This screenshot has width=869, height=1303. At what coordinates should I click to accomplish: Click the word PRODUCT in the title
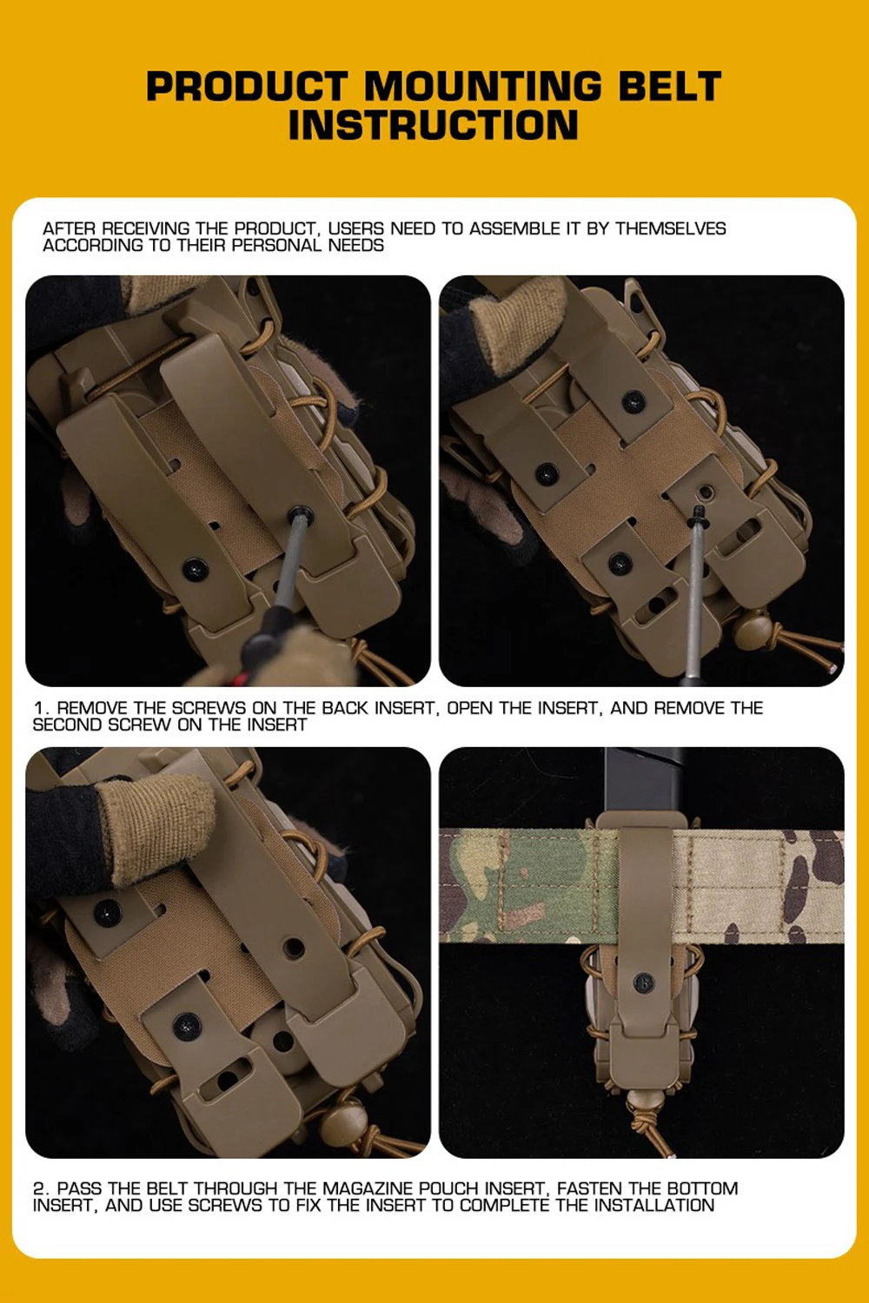coord(248,86)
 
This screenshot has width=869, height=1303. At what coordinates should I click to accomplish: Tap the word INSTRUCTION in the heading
coord(434,124)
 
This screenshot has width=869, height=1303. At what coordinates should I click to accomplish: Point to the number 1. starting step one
coord(41,708)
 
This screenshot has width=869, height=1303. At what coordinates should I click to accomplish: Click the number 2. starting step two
coord(42,1188)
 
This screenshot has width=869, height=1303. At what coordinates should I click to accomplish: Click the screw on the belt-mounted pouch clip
coord(643,982)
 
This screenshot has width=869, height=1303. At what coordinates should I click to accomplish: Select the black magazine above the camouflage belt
coord(644,783)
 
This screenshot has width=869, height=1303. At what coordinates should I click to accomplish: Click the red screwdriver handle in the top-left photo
coord(239,678)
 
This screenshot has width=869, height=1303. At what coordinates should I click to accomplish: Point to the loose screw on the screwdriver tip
coord(698,515)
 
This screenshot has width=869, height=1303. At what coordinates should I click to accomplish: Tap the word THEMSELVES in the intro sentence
coord(671,228)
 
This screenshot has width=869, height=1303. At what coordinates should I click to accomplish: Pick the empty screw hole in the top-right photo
coord(706,493)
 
